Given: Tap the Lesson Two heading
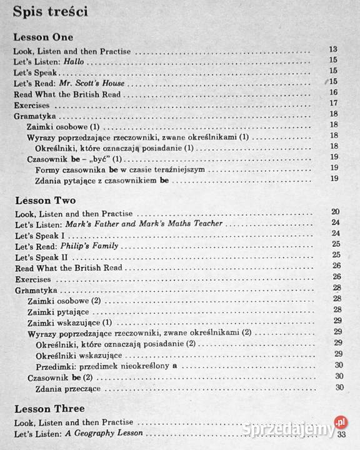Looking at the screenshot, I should (44, 201).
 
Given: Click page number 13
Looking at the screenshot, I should (333, 49).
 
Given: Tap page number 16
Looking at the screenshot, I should (333, 92).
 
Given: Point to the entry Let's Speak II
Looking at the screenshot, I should (39, 257).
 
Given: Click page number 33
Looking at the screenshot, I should (341, 435).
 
